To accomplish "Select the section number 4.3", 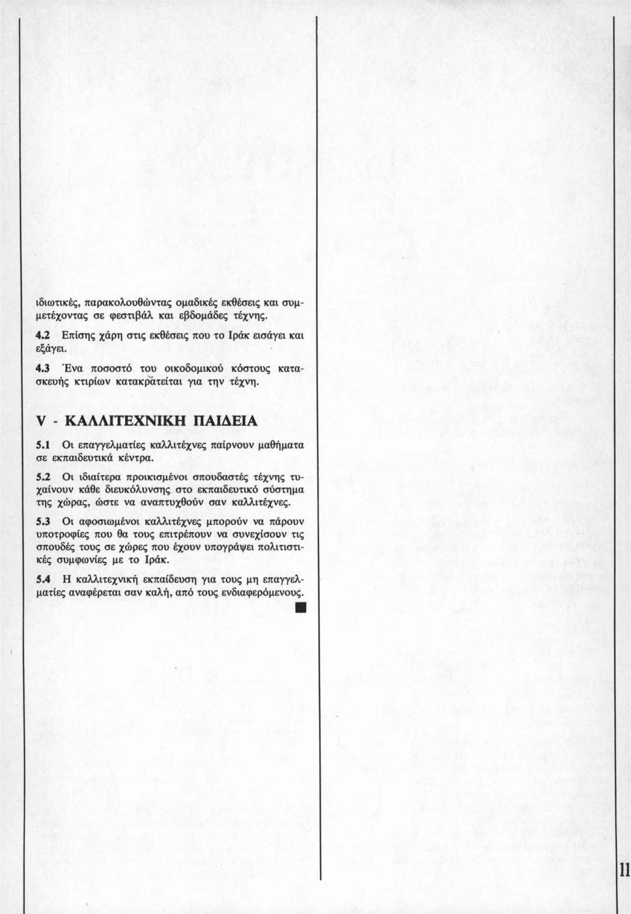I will (41, 368).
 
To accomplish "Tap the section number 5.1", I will (41, 445).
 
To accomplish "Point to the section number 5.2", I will (41, 477).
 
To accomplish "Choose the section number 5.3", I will (41, 520).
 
